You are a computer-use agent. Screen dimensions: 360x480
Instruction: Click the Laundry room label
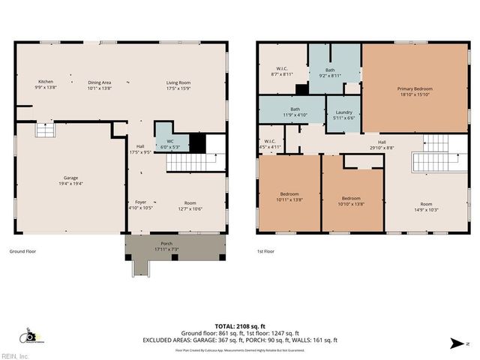pos(343,113)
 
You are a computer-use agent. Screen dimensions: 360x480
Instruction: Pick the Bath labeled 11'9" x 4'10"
pos(295,111)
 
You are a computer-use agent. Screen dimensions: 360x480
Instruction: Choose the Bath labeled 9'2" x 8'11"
pos(330,72)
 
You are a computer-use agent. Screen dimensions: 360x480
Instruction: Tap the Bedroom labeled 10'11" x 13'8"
pos(289,196)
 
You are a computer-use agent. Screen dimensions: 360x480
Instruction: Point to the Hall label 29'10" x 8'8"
pos(382,145)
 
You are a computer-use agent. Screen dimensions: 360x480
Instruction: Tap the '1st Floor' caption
pos(265,252)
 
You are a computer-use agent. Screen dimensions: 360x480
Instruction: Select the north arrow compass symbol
pos(457,343)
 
